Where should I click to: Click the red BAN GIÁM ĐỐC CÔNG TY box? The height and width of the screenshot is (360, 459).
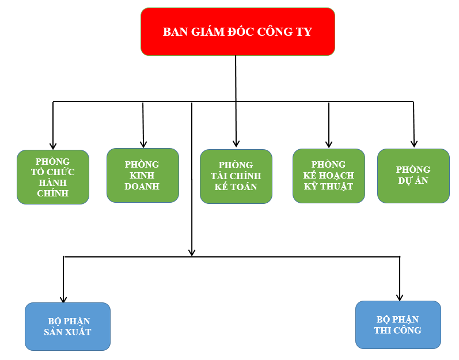pos(237,32)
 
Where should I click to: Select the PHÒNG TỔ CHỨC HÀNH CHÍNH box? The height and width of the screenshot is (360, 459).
pos(53,177)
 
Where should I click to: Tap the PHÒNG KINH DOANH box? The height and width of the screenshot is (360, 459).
pos(143,175)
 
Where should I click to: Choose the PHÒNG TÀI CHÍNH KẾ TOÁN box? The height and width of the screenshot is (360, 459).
pos(236,176)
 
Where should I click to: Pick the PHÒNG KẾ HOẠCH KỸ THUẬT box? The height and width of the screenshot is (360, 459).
pos(328,176)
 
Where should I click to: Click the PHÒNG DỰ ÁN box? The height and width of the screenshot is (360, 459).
pos(413,176)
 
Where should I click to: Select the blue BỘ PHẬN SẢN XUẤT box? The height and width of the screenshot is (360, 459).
pos(67,327)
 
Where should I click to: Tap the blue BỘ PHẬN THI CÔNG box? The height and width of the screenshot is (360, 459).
pos(398,325)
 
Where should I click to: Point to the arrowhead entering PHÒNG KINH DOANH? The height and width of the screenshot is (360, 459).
pos(143,143)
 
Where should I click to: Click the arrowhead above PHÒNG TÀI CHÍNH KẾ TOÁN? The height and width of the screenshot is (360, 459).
pos(236,143)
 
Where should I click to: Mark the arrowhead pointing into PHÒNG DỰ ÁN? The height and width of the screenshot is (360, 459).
pos(414,143)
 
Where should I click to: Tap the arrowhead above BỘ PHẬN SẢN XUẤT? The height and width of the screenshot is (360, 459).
pos(63,299)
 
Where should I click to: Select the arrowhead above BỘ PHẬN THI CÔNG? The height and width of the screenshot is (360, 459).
pos(400,297)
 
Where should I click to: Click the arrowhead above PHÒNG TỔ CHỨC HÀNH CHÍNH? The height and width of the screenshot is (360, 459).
pos(53,146)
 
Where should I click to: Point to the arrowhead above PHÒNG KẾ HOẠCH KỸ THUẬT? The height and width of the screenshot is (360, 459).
pos(329,144)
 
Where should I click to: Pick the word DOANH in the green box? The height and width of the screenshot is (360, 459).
pos(142,187)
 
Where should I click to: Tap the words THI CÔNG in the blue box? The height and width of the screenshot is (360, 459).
pos(397,331)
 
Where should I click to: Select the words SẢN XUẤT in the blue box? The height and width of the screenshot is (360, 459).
pos(67,332)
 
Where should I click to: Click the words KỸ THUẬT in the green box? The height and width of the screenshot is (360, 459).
pos(328,187)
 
